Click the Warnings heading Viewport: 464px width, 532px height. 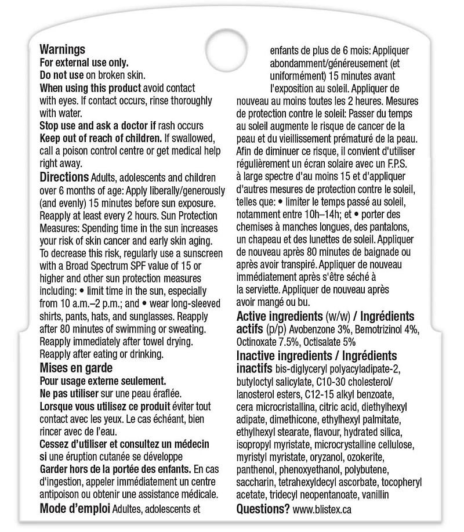click(x=62, y=50)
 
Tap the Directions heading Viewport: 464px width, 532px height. click(x=64, y=176)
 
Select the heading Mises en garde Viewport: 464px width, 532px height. click(x=75, y=367)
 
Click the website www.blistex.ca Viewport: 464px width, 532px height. click(x=322, y=509)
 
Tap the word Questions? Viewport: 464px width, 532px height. click(x=263, y=509)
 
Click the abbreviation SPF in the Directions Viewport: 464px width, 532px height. click(x=155, y=266)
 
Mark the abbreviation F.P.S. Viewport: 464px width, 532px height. click(x=404, y=163)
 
